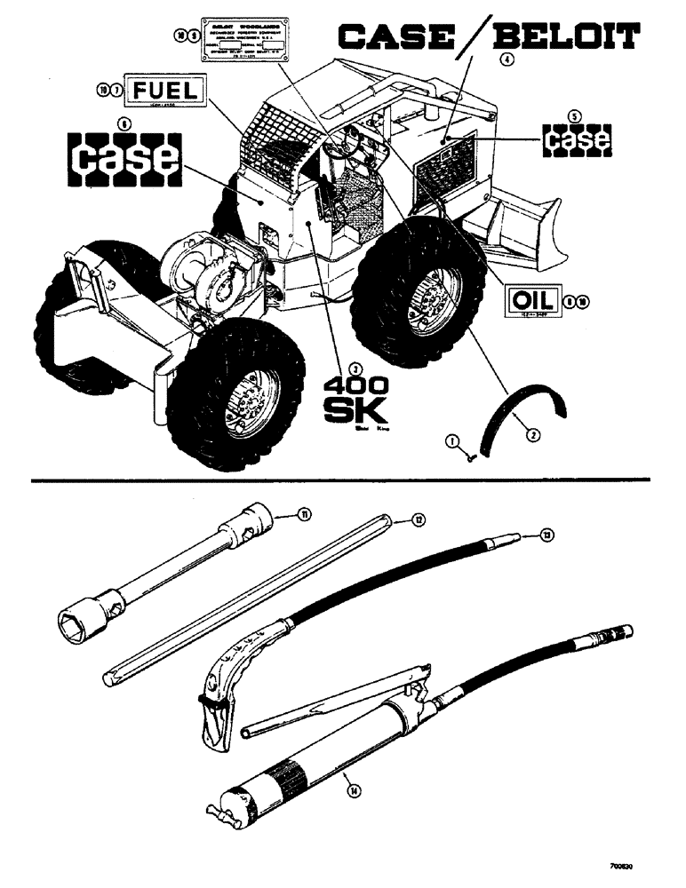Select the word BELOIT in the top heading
coord(565,37)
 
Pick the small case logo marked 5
coord(577,139)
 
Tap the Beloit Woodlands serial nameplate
coord(235,36)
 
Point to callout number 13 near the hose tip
coord(547,535)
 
